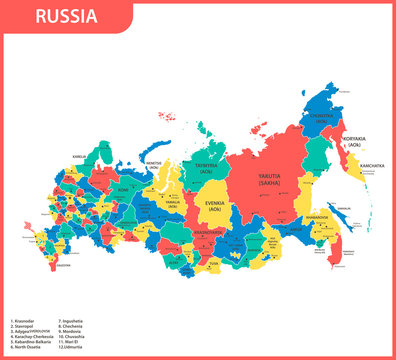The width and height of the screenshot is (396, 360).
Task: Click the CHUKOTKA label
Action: coord(323,117)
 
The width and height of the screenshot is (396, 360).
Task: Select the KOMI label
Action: coord(125,189)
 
